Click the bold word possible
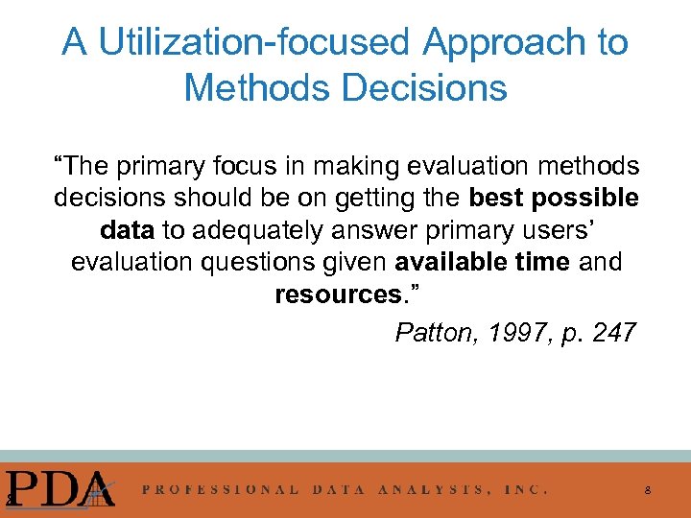click(585, 199)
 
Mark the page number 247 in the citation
click(609, 333)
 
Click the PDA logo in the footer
click(60, 486)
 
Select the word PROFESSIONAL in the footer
click(220, 488)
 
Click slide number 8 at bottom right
click(648, 490)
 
